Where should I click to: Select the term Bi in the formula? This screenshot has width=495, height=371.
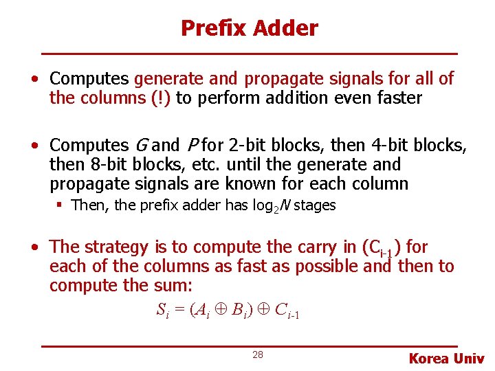236,311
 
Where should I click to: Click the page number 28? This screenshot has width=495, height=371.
258,355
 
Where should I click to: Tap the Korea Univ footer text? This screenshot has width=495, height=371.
446,358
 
